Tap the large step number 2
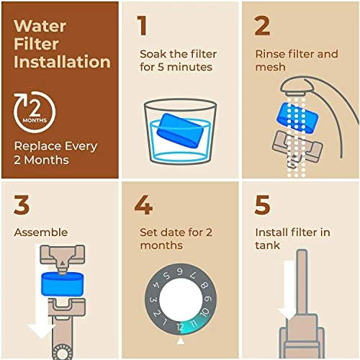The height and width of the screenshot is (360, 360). pos(262,25)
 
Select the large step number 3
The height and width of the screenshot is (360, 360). pos(22,204)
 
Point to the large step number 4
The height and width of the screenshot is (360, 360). pos(143,204)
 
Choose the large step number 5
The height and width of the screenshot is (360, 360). pos(264,204)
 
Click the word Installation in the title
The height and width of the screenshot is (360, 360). pos(62,62)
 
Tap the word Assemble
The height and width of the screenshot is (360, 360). pos(41,233)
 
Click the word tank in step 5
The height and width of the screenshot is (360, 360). pos(266,246)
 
